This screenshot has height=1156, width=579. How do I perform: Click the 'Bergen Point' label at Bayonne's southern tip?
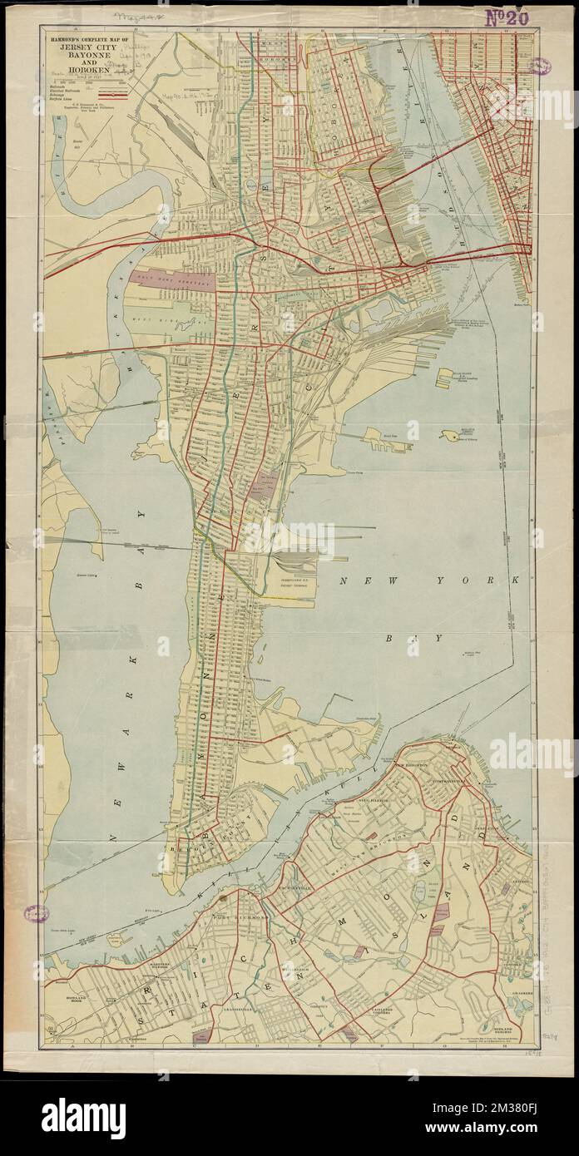click(179, 851)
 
